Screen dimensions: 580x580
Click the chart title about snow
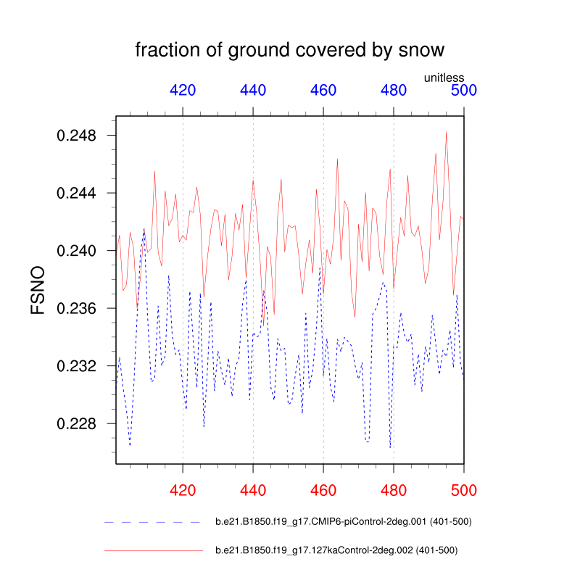point(290,50)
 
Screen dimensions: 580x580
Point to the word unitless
point(444,78)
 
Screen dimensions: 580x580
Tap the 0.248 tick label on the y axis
point(77,136)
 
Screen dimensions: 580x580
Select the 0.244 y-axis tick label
point(77,193)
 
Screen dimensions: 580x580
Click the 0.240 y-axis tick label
point(77,251)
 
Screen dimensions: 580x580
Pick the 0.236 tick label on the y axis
point(77,308)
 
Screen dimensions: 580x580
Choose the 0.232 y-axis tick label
point(77,366)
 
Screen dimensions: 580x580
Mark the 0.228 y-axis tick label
point(77,423)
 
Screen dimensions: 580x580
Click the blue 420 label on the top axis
point(183,91)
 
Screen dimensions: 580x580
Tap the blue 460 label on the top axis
point(323,91)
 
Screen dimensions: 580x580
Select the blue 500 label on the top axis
point(464,91)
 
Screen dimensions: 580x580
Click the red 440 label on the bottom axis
point(253,491)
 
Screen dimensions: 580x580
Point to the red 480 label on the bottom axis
point(394,491)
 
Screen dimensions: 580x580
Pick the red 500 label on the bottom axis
point(464,491)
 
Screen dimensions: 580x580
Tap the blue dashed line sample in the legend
point(152,522)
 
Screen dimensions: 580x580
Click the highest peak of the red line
point(447,132)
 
